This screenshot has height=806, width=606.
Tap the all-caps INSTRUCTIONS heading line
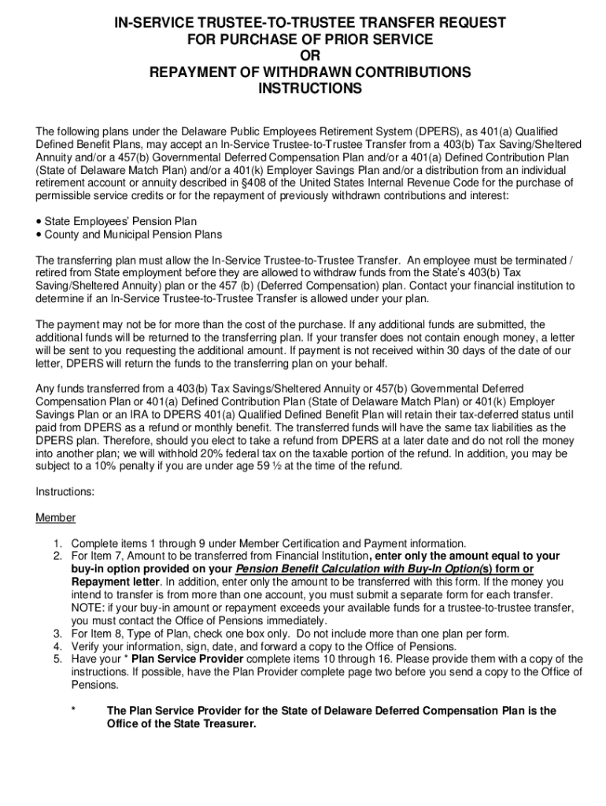310,89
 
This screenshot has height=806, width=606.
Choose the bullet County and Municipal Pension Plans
133,235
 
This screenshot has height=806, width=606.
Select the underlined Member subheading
55,517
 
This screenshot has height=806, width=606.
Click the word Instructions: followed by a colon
65,491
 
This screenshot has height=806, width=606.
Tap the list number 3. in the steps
57,634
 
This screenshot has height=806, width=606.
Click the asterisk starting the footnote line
73,710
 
